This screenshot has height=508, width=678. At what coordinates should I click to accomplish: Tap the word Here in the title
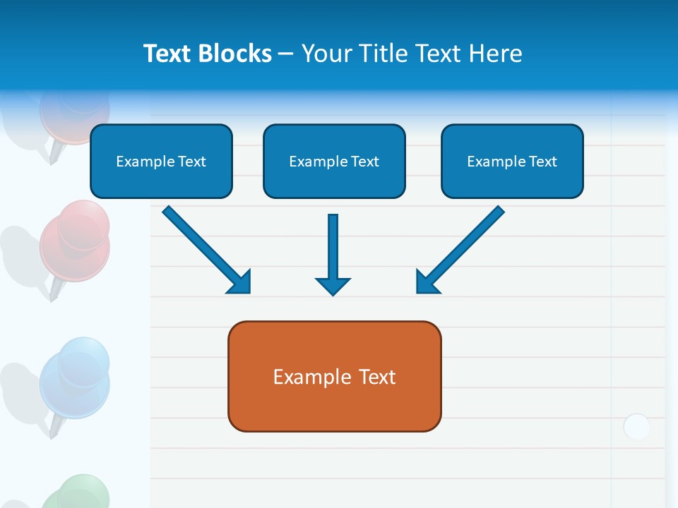(495, 54)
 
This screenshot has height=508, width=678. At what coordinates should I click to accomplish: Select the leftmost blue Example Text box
(161, 162)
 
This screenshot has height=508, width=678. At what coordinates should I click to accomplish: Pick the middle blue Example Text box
(334, 162)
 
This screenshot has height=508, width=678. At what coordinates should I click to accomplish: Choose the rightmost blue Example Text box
(512, 162)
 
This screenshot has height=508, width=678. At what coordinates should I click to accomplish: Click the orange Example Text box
(334, 377)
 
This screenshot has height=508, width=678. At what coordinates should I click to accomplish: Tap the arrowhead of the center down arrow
(333, 285)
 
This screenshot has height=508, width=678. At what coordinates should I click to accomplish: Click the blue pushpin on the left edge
(74, 377)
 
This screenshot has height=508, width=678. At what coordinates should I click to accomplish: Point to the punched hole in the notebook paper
(636, 427)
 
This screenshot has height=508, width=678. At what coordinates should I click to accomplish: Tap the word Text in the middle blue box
(364, 162)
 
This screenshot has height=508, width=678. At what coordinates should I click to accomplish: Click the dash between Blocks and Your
(286, 54)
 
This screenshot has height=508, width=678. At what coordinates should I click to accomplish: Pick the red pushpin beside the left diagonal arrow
(74, 240)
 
